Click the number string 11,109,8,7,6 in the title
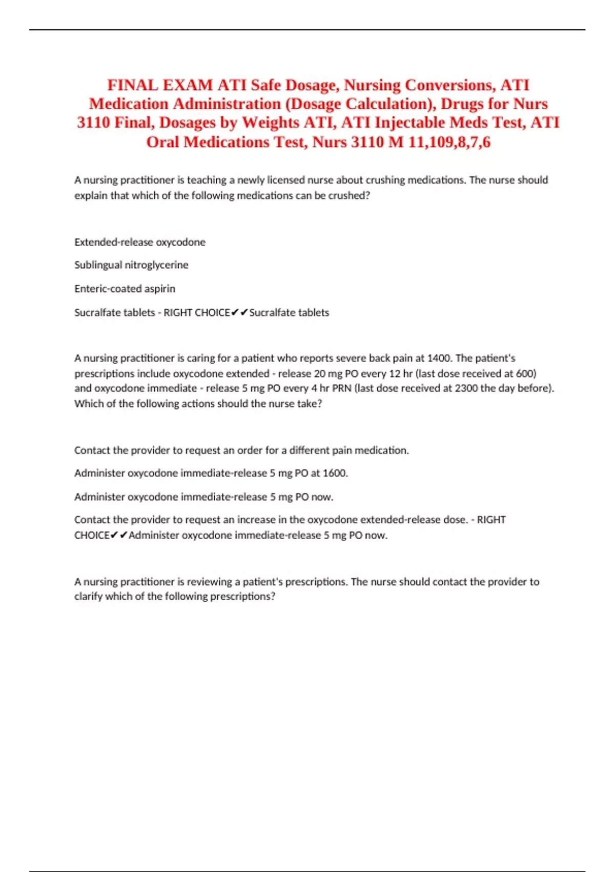(449, 142)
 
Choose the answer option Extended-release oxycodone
(140, 242)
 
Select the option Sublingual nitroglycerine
(131, 265)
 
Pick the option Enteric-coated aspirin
(125, 289)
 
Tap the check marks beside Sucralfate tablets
(240, 312)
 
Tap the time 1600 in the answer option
(335, 473)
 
